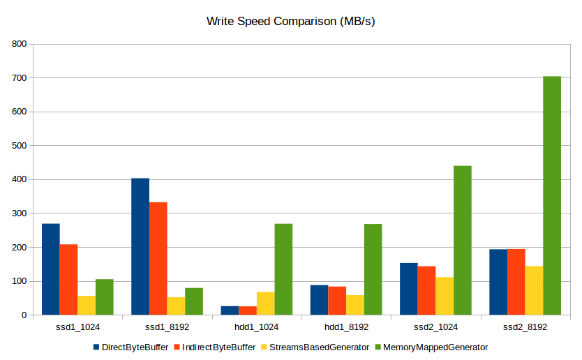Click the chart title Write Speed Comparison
pyautogui.click(x=291, y=21)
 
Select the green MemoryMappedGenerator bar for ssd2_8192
pyautogui.click(x=552, y=195)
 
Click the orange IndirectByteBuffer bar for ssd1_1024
pyautogui.click(x=68, y=279)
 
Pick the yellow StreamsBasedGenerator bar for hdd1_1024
pyautogui.click(x=265, y=303)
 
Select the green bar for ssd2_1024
pyautogui.click(x=463, y=240)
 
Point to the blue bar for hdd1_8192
pyautogui.click(x=319, y=300)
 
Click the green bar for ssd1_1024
pyautogui.click(x=105, y=297)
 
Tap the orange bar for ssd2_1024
pyautogui.click(x=426, y=290)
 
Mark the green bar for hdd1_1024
pyautogui.click(x=283, y=269)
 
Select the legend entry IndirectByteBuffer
pyautogui.click(x=218, y=347)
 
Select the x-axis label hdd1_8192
pyautogui.click(x=346, y=327)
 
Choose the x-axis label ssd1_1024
pyautogui.click(x=77, y=327)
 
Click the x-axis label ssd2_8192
pyautogui.click(x=525, y=327)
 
